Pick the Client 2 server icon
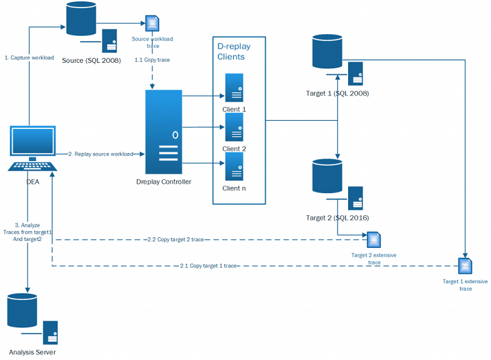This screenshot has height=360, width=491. [234, 128]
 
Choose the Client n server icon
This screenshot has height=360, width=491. [234, 167]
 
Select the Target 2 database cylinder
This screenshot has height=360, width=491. [327, 176]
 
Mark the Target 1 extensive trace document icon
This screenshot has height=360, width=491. [465, 266]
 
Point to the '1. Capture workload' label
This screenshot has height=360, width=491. [29, 58]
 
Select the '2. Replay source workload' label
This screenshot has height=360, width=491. [101, 154]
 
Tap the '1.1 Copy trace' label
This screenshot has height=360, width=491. [152, 60]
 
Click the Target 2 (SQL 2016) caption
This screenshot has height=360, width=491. [337, 218]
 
